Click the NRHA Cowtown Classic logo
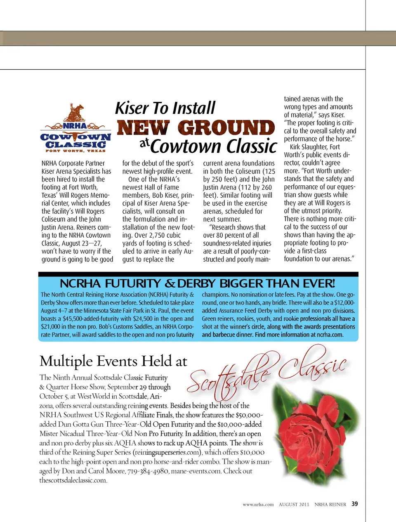(76, 129)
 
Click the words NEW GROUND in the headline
(196, 128)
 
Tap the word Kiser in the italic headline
(132, 108)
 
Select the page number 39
(355, 504)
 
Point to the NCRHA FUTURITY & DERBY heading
(197, 283)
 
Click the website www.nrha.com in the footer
(258, 504)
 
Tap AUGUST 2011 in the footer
(294, 504)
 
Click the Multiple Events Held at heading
(113, 361)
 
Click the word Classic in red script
(313, 363)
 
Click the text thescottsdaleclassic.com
(73, 480)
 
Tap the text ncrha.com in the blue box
(330, 335)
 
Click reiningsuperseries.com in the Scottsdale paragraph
(168, 452)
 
